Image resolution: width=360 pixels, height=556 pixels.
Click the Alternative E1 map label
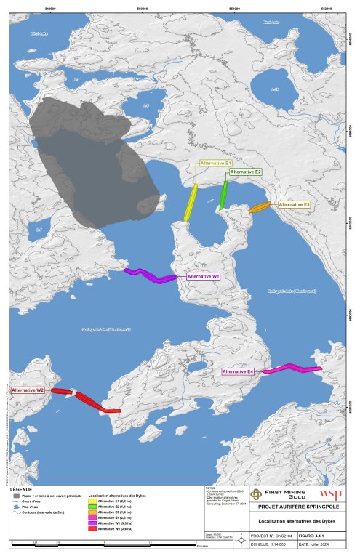pos(215,164)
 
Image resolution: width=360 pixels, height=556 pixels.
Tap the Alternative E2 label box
pos(245,172)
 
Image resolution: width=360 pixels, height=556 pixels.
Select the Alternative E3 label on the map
pos(295,204)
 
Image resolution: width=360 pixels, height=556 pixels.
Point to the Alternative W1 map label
pos(204,276)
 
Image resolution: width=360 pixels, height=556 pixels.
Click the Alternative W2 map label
pos(28,390)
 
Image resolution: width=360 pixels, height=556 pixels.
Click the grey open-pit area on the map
pos(95,160)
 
